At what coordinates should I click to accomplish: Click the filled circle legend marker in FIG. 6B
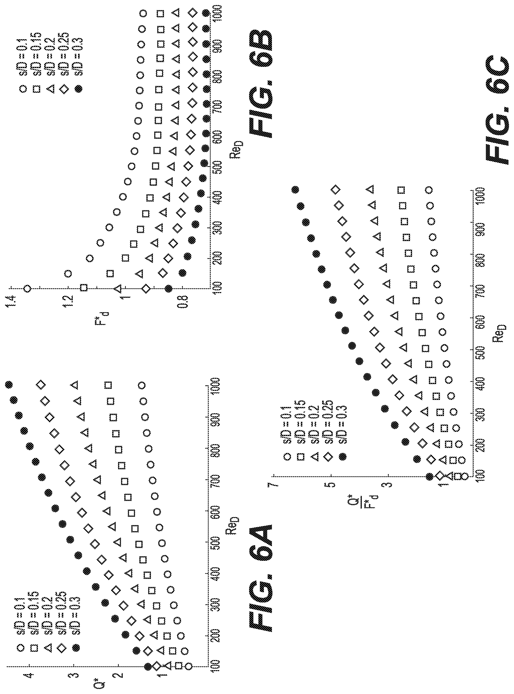pyautogui.click(x=78, y=88)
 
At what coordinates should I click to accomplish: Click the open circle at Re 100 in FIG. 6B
pyautogui.click(x=27, y=289)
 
